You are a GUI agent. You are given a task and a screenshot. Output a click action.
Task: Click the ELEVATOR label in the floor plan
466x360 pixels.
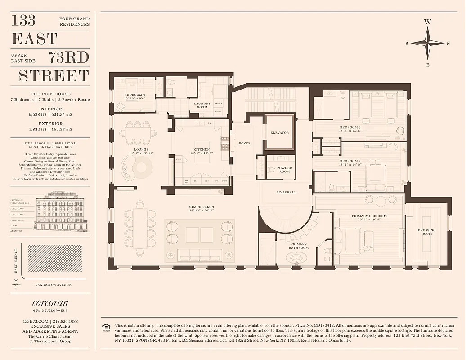(280, 133)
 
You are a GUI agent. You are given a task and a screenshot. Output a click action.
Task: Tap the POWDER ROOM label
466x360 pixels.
(284, 170)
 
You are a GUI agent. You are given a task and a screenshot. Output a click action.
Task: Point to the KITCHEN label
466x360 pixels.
(202, 149)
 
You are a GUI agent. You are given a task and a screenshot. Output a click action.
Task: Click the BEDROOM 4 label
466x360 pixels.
(134, 95)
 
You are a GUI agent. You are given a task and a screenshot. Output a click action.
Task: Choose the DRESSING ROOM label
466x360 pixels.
(426, 232)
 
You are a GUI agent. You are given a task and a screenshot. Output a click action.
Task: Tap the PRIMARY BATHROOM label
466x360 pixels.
(299, 246)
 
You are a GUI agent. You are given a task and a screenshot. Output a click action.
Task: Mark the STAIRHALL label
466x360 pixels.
(286, 192)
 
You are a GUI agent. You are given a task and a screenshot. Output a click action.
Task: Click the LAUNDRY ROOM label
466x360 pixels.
(202, 105)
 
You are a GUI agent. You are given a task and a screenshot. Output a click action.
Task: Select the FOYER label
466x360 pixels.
(245, 143)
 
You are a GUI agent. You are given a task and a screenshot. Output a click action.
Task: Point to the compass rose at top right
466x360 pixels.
(427, 43)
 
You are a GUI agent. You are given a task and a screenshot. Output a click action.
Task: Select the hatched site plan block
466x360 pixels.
(55, 258)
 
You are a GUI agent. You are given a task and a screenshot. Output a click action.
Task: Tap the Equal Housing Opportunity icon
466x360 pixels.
(106, 327)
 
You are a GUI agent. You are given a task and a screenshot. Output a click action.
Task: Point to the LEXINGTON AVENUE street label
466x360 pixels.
(53, 284)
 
